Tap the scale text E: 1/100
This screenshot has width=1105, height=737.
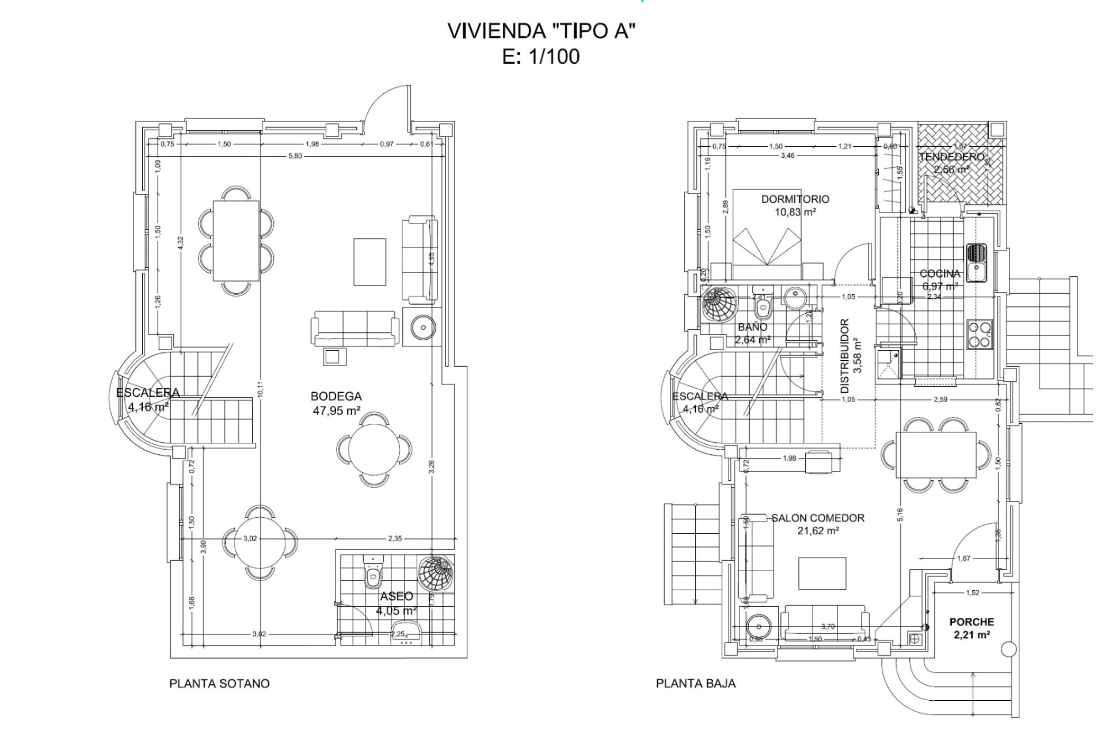point(540,57)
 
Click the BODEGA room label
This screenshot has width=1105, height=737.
point(336,397)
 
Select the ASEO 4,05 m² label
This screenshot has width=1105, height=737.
point(396,603)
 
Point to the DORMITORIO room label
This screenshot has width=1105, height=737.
point(795,199)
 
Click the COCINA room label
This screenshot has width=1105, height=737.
point(940,274)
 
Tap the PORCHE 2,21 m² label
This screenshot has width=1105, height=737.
point(971,628)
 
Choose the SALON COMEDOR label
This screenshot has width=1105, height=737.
point(818,518)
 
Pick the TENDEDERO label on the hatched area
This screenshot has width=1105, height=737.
point(951,157)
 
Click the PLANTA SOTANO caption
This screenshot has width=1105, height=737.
point(219,683)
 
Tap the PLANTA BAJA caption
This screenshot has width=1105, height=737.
point(696,683)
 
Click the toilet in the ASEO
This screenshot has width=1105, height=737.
point(373,573)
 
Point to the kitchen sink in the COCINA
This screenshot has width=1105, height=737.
point(976,262)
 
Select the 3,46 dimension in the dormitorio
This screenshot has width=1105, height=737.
point(787,156)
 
